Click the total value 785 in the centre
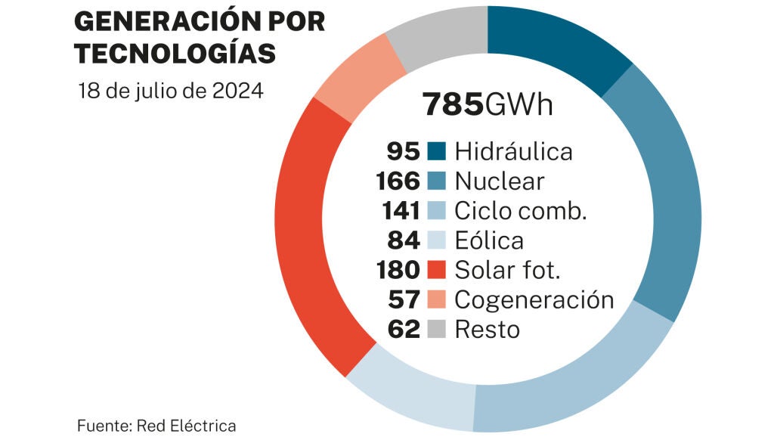[452, 104]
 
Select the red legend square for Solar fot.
[436, 270]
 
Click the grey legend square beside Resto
[436, 329]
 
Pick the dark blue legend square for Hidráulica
[436, 151]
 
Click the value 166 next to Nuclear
[398, 181]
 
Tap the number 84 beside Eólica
[404, 240]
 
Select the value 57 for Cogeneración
[404, 299]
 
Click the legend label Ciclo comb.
[520, 211]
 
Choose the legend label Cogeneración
[534, 299]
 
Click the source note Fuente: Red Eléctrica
[156, 426]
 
